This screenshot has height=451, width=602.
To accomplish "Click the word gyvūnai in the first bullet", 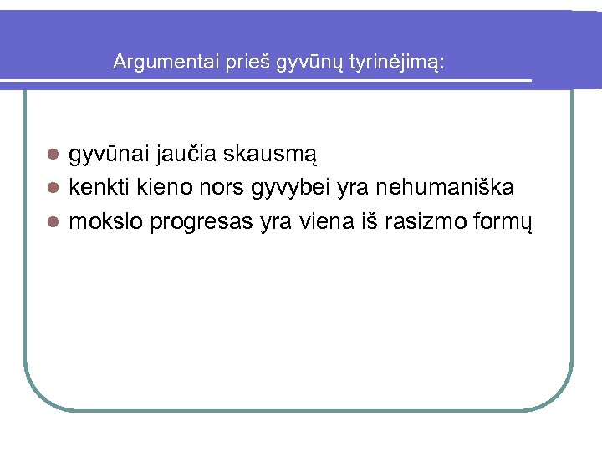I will tap(106, 155).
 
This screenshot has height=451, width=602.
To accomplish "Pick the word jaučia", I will tap(185, 155).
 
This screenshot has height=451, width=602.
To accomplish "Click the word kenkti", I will tap(96, 188).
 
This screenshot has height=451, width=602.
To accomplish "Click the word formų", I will tap(506, 223).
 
